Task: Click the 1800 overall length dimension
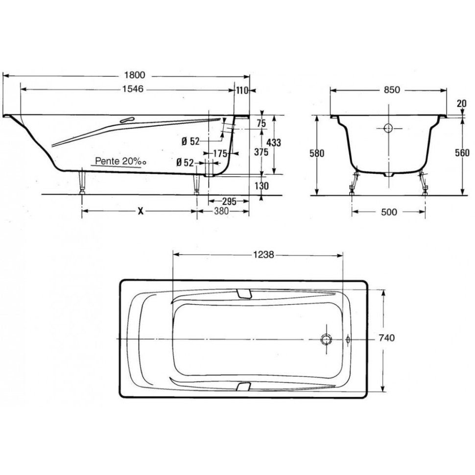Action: point(134,74)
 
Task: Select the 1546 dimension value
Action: point(132,89)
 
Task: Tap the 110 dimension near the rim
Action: point(242,90)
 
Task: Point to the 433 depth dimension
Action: point(274,142)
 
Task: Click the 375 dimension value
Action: point(261,152)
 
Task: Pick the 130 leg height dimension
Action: point(261,186)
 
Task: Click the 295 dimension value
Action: point(229,201)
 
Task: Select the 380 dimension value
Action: point(221,212)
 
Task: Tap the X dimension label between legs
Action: point(140,212)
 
